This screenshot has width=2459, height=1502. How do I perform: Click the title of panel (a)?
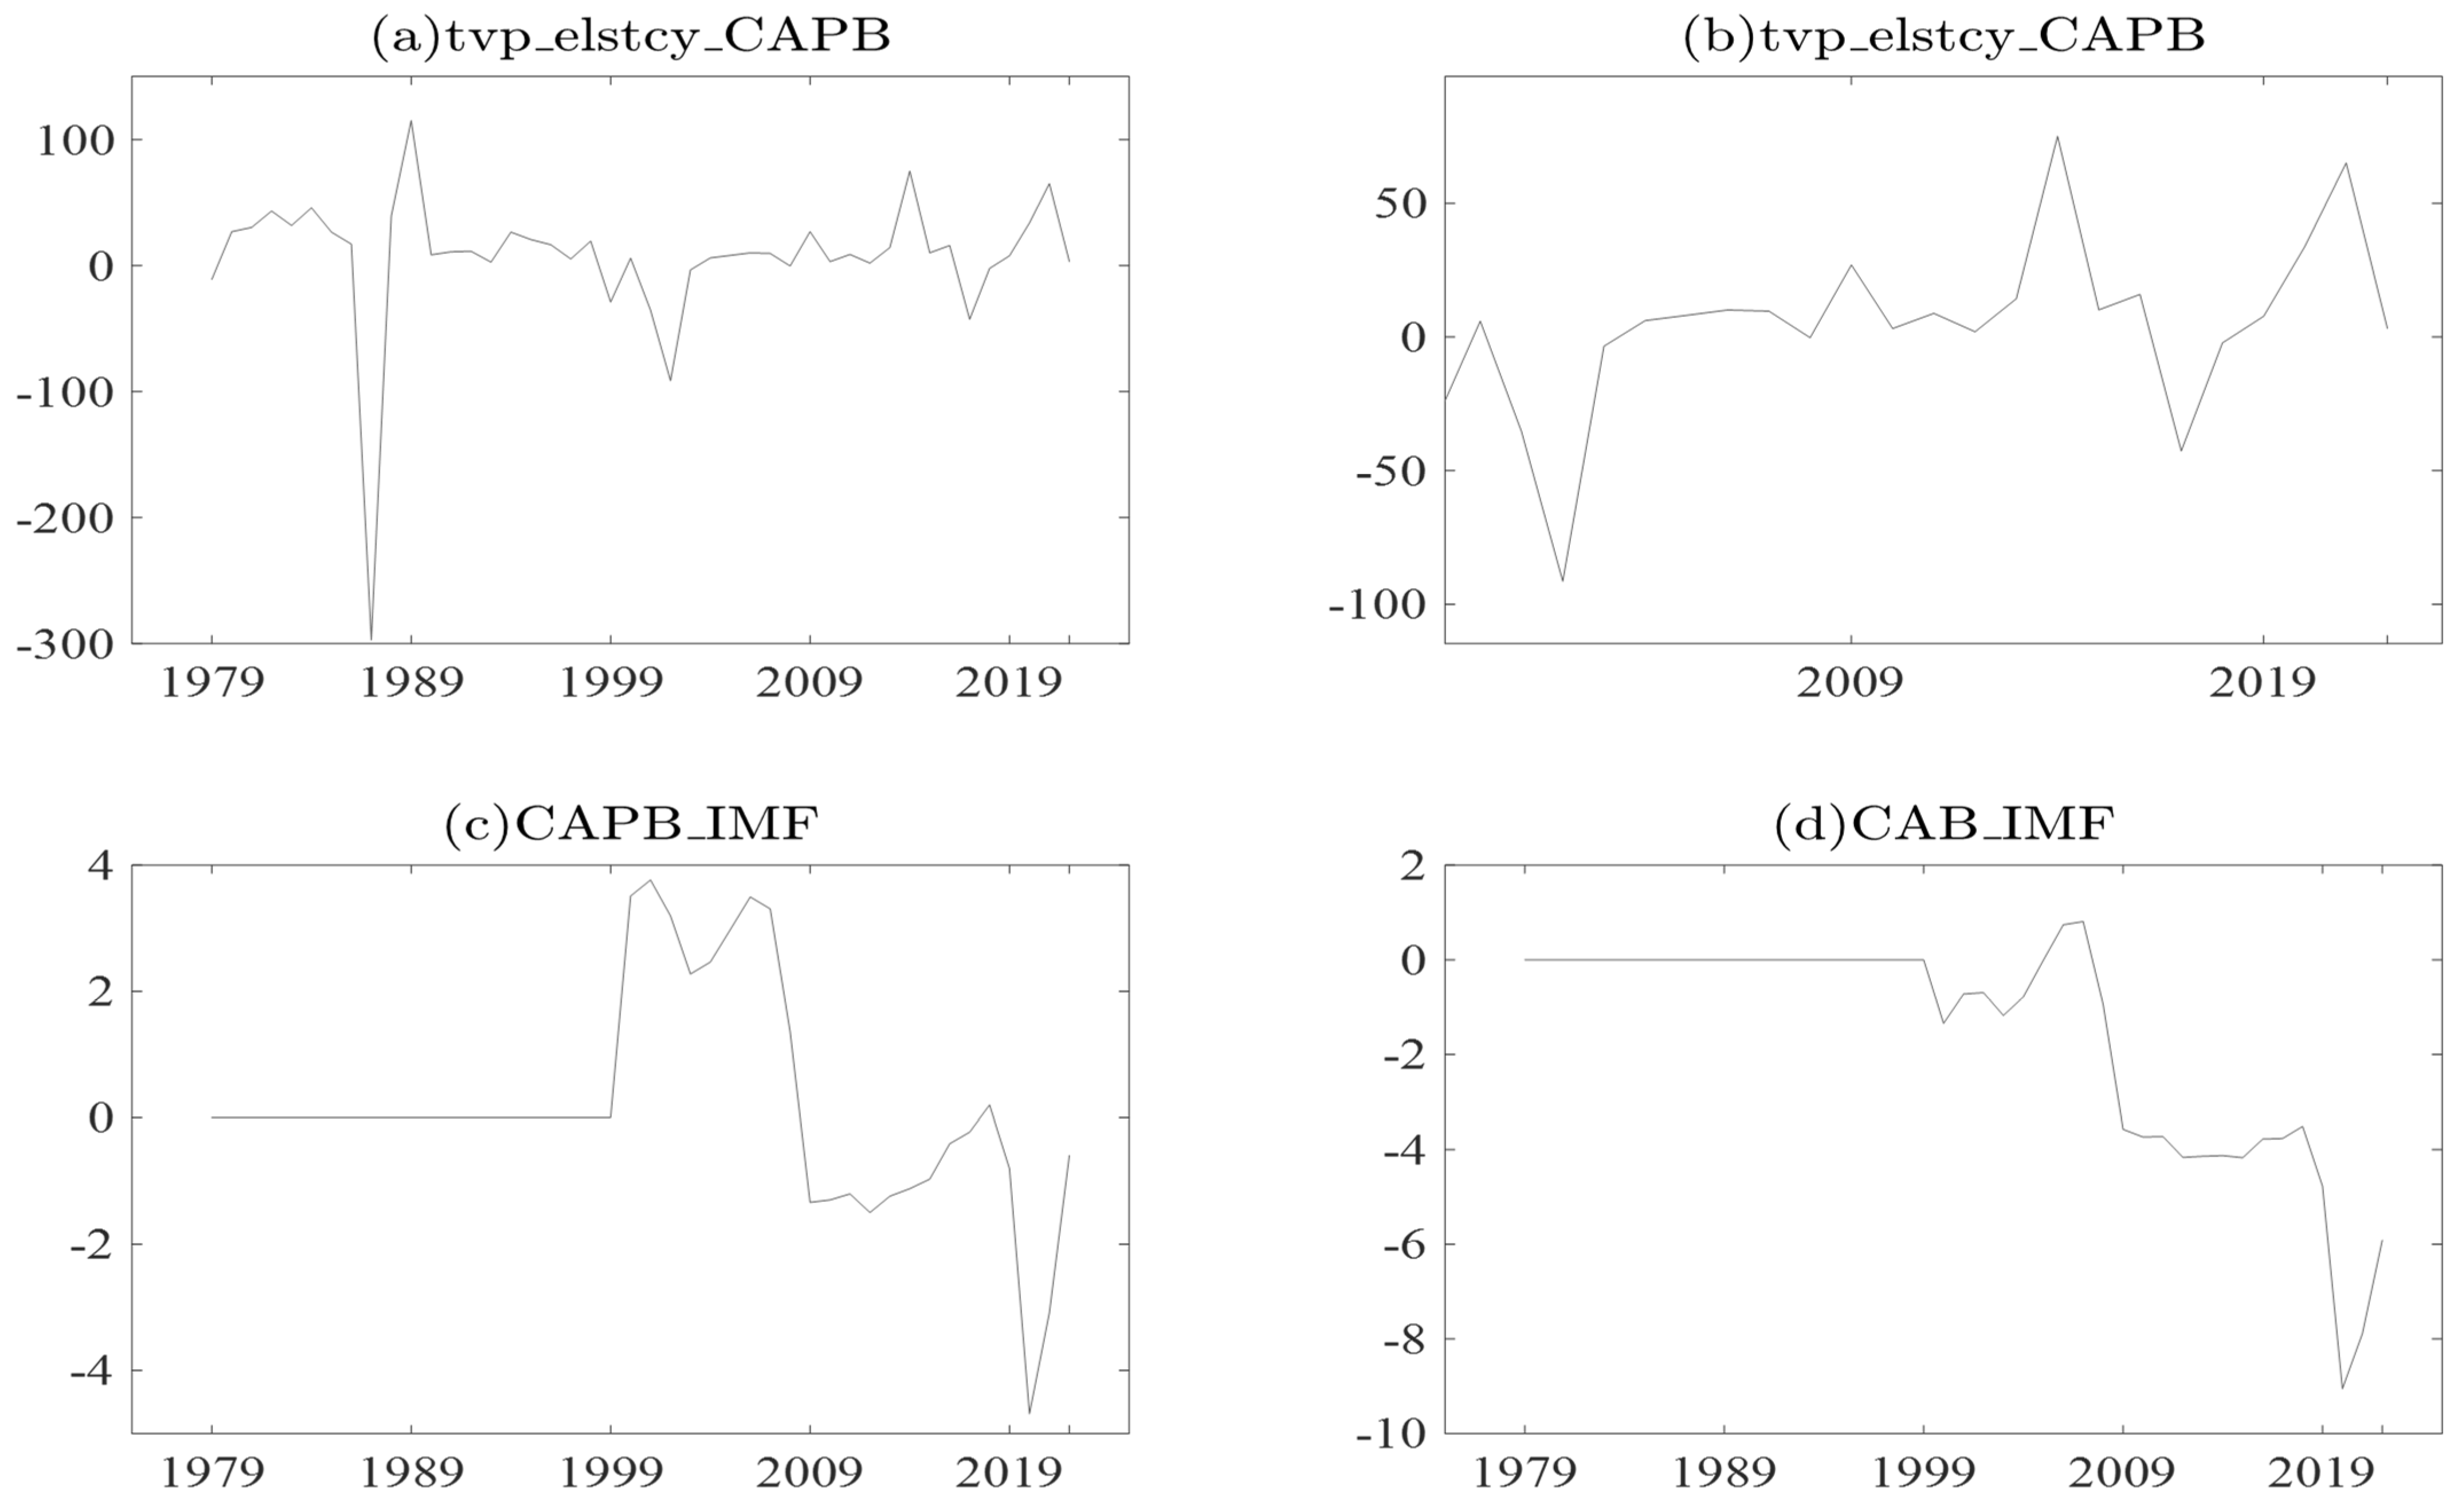point(631,37)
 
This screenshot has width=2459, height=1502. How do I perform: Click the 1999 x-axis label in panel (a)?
point(610,683)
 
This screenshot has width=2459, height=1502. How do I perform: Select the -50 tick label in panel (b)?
point(1390,471)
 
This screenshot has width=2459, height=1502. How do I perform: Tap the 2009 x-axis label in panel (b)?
point(1850,683)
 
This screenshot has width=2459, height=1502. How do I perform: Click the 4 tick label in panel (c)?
point(101,865)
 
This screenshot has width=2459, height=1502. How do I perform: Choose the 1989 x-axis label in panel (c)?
point(410,1473)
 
